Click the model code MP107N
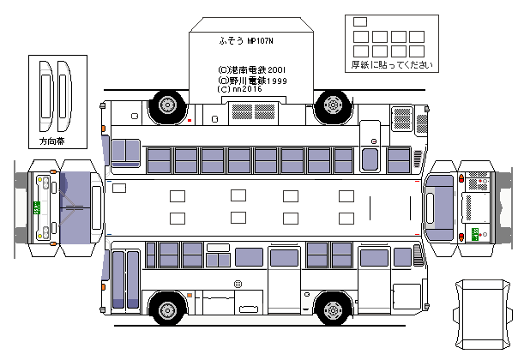click(262, 40)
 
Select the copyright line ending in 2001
click(252, 69)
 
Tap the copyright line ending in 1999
click(252, 80)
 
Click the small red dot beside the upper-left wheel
click(189, 120)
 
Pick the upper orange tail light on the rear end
click(462, 179)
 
